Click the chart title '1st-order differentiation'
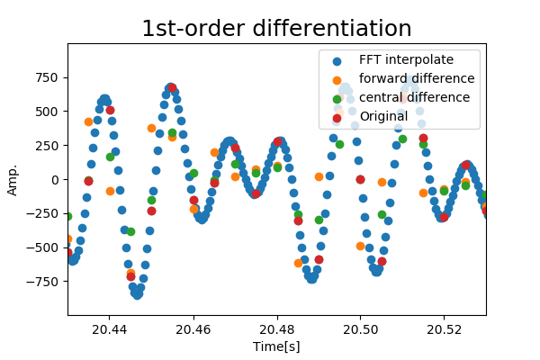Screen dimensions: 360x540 [x=276, y=29]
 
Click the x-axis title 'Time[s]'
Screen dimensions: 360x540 [x=276, y=346]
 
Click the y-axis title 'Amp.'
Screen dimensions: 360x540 [x=13, y=179]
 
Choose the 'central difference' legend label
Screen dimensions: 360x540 [x=414, y=97]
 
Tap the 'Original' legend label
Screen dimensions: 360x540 [x=383, y=115]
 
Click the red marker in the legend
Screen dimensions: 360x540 [x=337, y=116]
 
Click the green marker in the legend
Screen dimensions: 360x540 [x=337, y=97]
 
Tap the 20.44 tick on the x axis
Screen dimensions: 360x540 [x=109, y=315]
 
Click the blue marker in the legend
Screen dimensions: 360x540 [x=337, y=61]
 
